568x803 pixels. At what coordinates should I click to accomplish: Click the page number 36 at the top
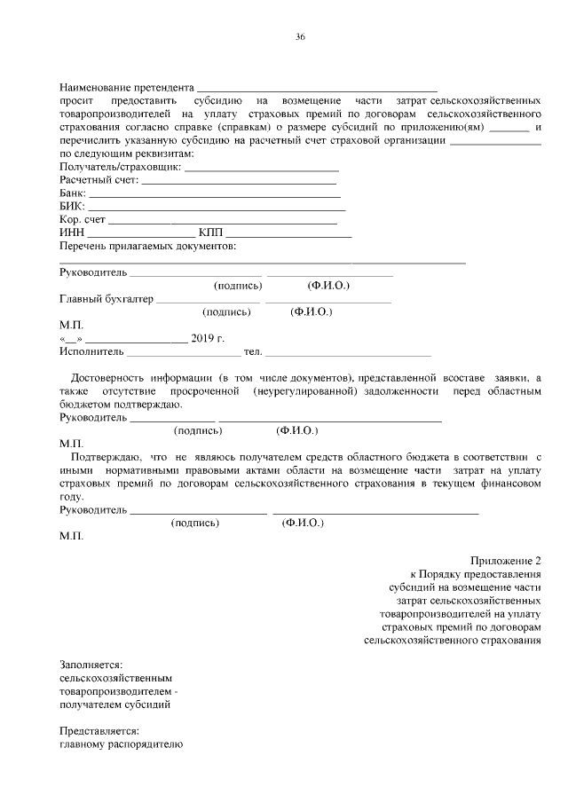300,36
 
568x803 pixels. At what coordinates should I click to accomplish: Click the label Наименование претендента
126,89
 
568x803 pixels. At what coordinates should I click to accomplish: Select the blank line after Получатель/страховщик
262,169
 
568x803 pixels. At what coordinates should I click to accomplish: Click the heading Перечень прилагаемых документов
147,245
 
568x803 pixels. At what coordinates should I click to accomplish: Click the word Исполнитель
90,352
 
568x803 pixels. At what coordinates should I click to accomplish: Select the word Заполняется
91,665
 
